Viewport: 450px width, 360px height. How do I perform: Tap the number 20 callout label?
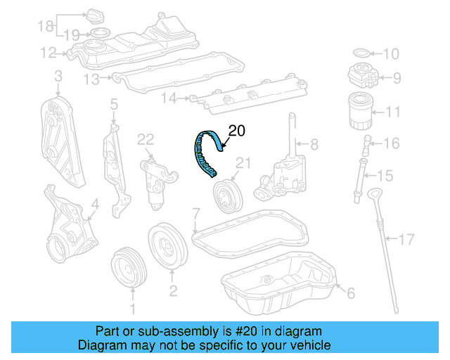pos(238,129)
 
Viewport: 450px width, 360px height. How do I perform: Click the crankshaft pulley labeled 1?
pos(129,268)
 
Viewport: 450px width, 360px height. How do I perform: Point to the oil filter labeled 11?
pos(361,112)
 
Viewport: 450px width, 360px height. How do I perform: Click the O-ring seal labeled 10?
pos(359,53)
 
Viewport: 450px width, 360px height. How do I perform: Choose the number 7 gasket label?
pos(197,212)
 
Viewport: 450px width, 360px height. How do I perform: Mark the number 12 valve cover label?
pos(48,52)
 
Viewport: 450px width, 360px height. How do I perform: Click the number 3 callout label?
pos(58,75)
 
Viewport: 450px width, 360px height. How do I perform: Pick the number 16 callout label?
pos(391,143)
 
